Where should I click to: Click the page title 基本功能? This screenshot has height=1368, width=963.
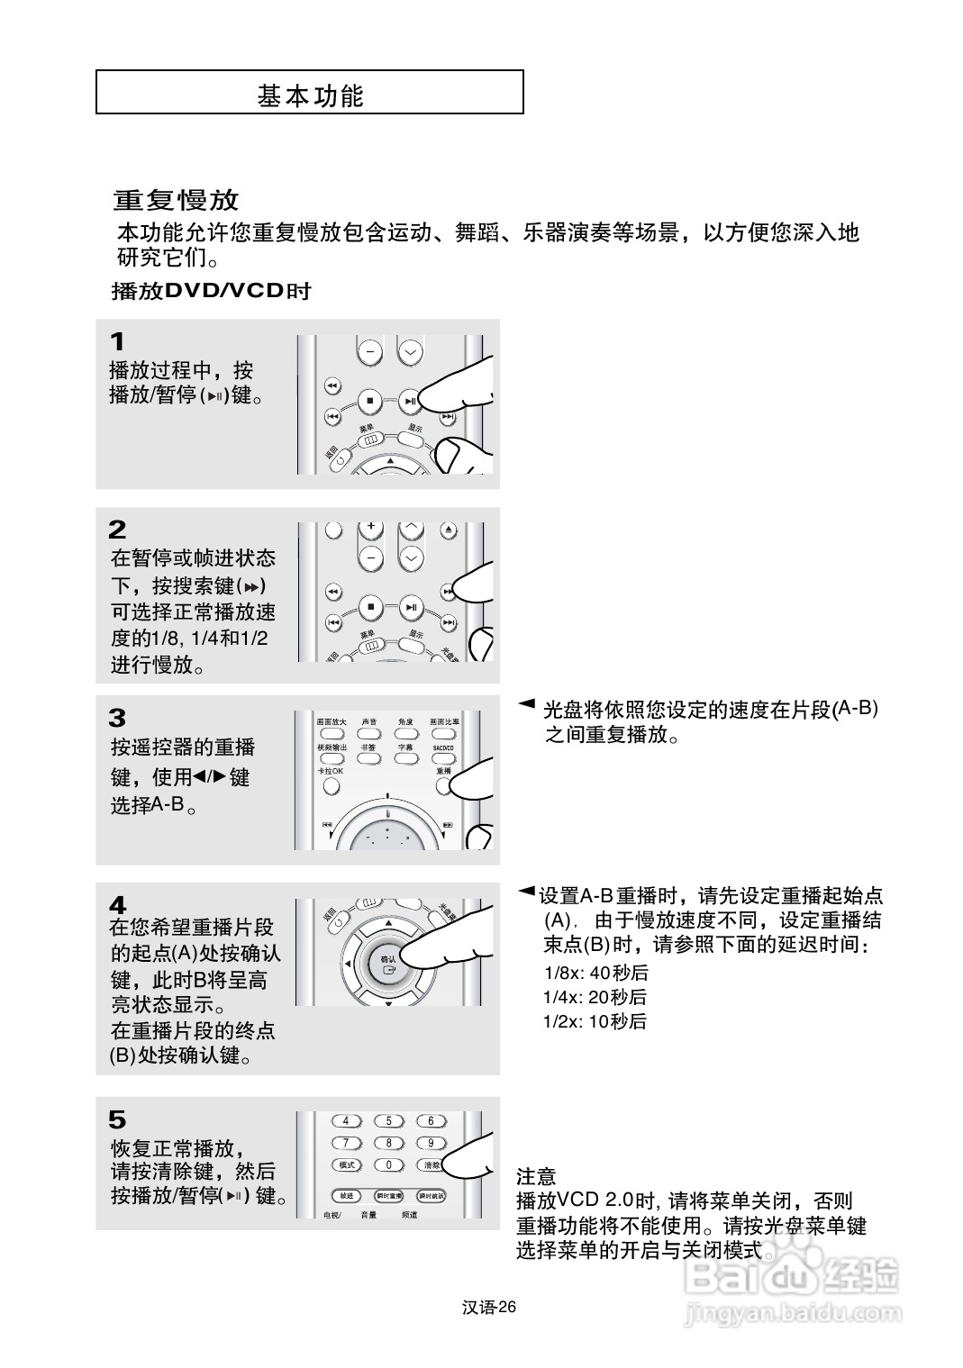(x=310, y=95)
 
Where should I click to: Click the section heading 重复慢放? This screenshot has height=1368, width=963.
(x=177, y=199)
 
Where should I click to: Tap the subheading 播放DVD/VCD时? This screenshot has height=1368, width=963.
(x=211, y=291)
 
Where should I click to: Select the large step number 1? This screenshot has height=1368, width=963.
(x=117, y=342)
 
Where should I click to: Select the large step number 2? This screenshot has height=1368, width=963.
(x=117, y=530)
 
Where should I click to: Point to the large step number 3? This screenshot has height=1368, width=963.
(x=117, y=718)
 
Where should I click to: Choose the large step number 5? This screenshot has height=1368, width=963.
(x=117, y=1119)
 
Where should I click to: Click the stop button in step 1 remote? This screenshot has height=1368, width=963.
(x=369, y=401)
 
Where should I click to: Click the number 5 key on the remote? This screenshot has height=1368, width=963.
(x=389, y=1121)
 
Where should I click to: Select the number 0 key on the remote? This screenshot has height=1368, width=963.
(x=389, y=1164)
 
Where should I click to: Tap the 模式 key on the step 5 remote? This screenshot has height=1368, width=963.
(x=347, y=1164)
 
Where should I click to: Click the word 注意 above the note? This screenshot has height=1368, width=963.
(x=536, y=1176)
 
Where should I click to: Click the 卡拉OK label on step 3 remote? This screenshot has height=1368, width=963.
(x=330, y=772)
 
